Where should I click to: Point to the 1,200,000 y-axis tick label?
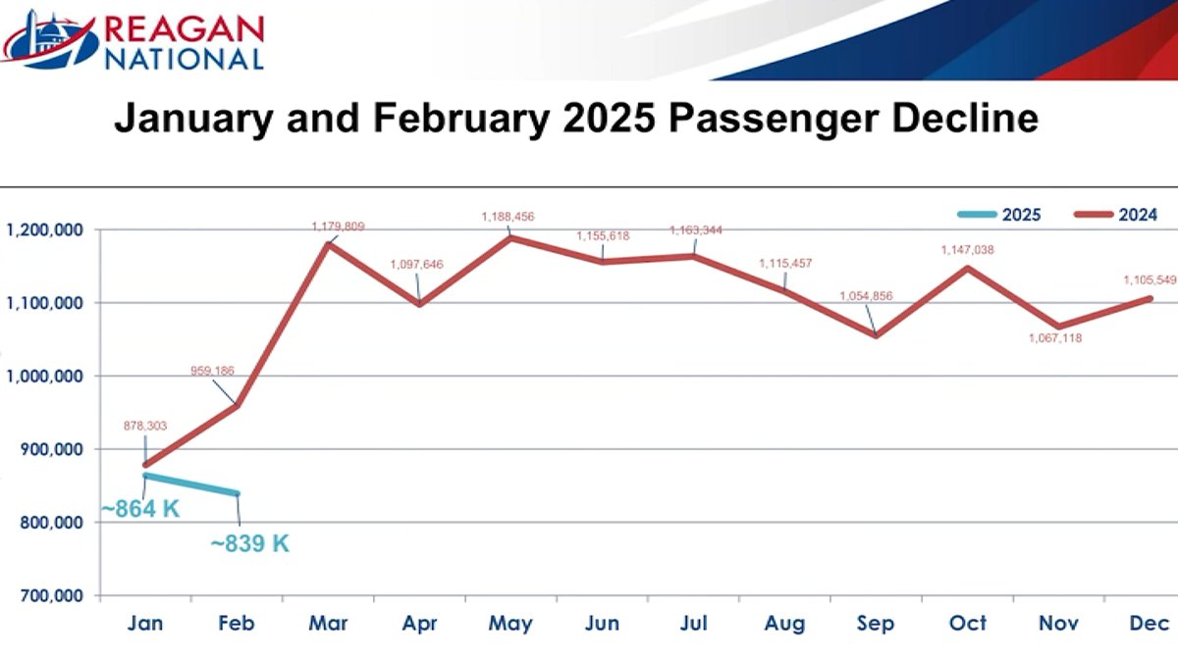(x=43, y=229)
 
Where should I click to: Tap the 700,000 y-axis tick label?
(x=47, y=595)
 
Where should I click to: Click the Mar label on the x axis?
(x=327, y=624)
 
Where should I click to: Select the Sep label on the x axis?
(x=874, y=624)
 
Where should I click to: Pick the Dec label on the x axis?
(x=1148, y=624)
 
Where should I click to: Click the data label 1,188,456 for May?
(x=508, y=216)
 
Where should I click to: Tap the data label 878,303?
(x=144, y=426)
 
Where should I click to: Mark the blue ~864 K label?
(x=140, y=510)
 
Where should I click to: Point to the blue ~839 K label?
(x=250, y=543)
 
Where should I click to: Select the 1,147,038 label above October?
(x=966, y=250)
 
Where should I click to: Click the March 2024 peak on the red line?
(x=327, y=243)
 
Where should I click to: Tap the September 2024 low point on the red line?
(x=874, y=335)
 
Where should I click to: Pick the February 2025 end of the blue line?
(x=237, y=493)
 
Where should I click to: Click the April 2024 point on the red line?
(x=418, y=304)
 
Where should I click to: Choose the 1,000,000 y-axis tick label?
(x=43, y=376)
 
